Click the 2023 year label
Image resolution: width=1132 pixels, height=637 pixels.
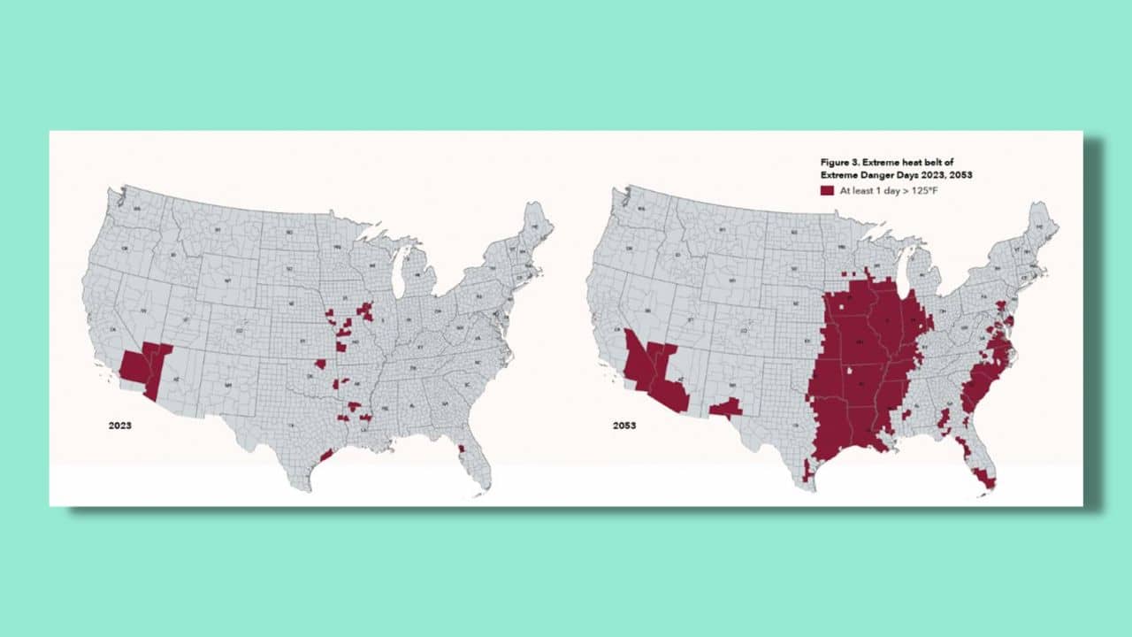(120, 426)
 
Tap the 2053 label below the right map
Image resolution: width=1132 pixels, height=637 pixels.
(624, 426)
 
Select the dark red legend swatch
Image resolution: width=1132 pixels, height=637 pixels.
(827, 190)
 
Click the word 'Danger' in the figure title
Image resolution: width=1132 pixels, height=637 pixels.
(873, 174)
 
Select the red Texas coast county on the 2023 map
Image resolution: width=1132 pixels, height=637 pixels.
(326, 455)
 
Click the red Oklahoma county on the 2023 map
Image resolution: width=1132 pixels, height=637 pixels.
(320, 364)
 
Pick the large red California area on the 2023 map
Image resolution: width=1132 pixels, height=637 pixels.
(135, 365)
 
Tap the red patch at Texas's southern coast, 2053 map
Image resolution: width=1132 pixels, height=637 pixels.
(807, 470)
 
